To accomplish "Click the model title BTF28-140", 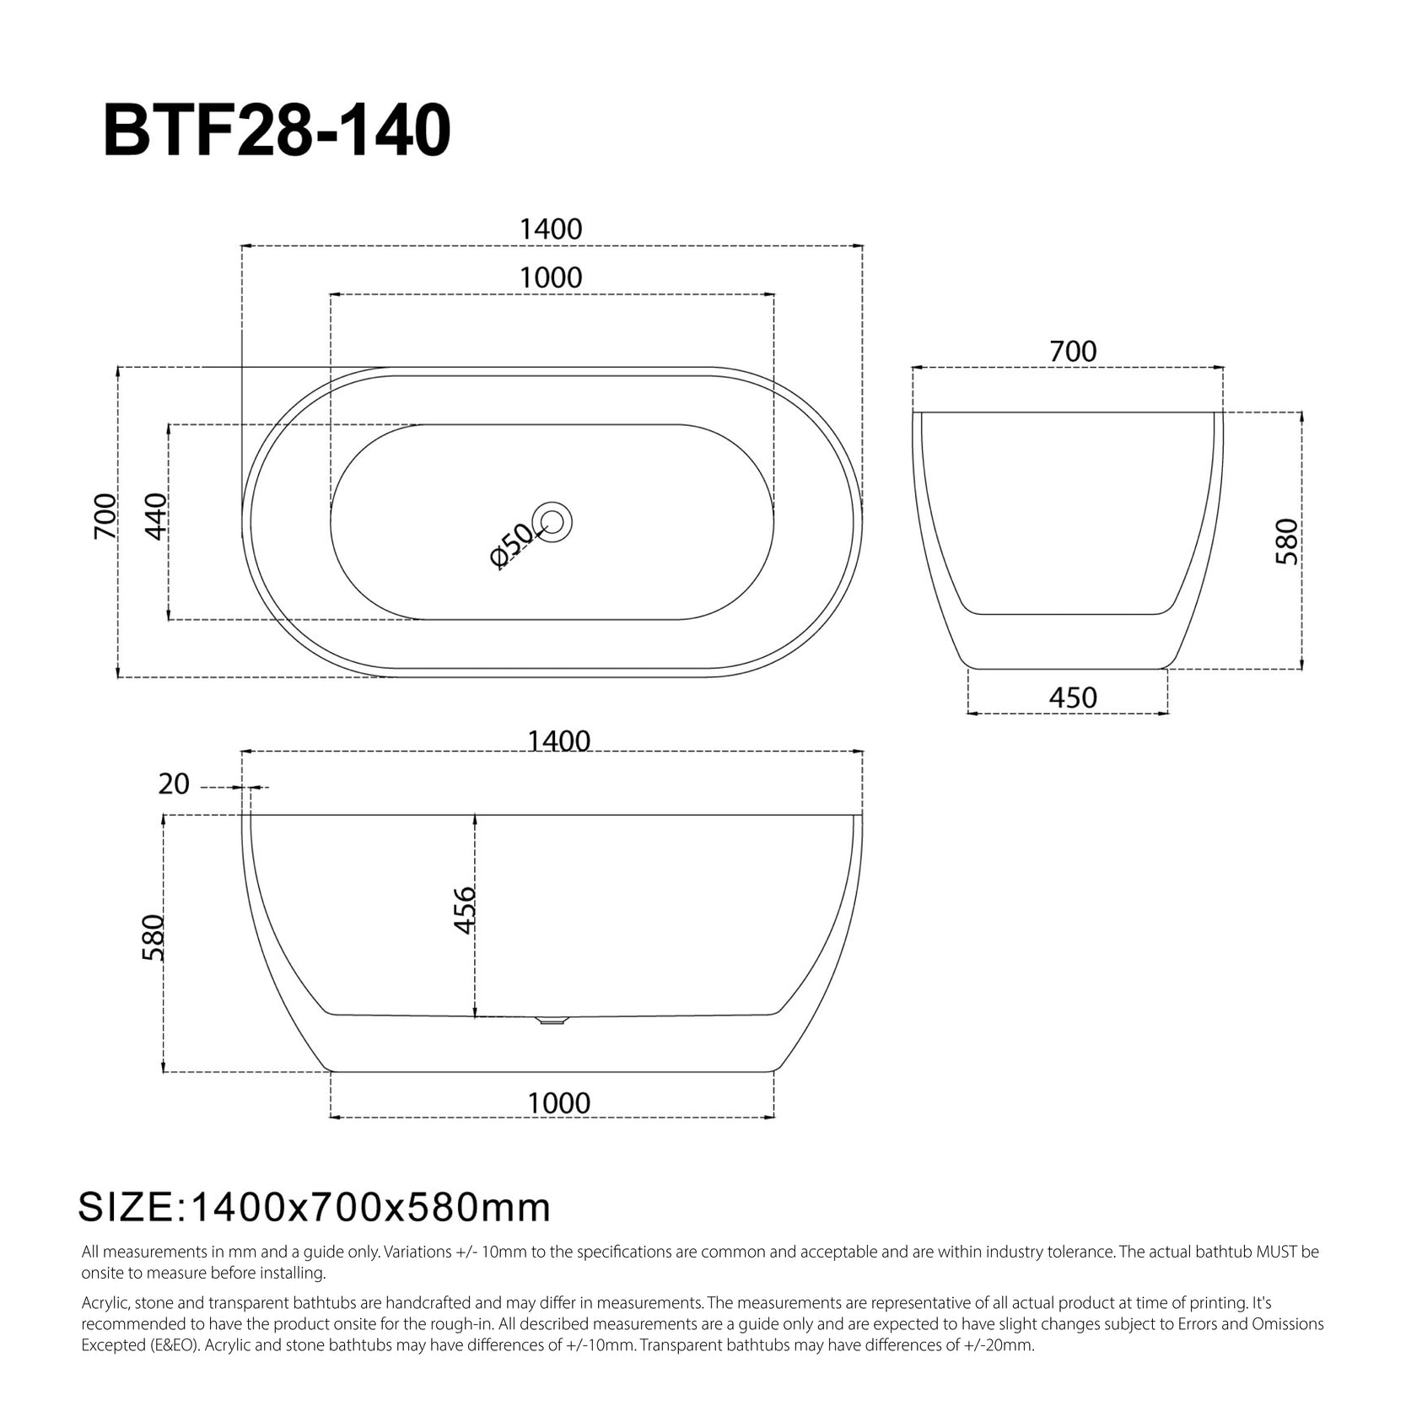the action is pos(276,132).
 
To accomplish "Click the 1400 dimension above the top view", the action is pos(551,229).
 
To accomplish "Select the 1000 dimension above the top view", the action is pos(551,277).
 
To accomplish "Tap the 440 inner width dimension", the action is pos(156,516).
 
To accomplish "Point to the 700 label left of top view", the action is pos(105,516).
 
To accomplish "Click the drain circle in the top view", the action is pos(553,522).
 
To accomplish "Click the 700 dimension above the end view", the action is pos(1073,351).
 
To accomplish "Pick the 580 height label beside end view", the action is pos(1287,541).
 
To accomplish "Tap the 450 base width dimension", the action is pos(1073,698).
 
